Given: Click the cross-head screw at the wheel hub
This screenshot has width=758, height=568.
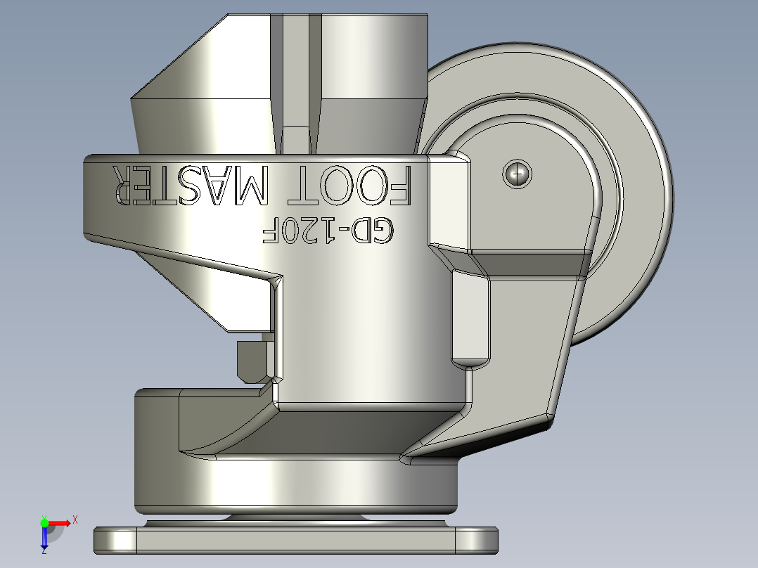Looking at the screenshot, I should click(x=518, y=173).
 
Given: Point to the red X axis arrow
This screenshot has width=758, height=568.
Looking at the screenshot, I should click(x=60, y=522).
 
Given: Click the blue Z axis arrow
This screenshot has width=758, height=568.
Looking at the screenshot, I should click(x=44, y=538).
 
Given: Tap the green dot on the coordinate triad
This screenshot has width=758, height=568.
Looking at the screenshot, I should click(x=44, y=522).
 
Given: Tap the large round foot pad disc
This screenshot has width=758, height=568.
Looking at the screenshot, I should click(x=295, y=485).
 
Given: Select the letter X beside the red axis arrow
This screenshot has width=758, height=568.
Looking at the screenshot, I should click(x=75, y=519).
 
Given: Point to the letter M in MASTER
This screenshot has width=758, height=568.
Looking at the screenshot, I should click(x=250, y=186).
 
